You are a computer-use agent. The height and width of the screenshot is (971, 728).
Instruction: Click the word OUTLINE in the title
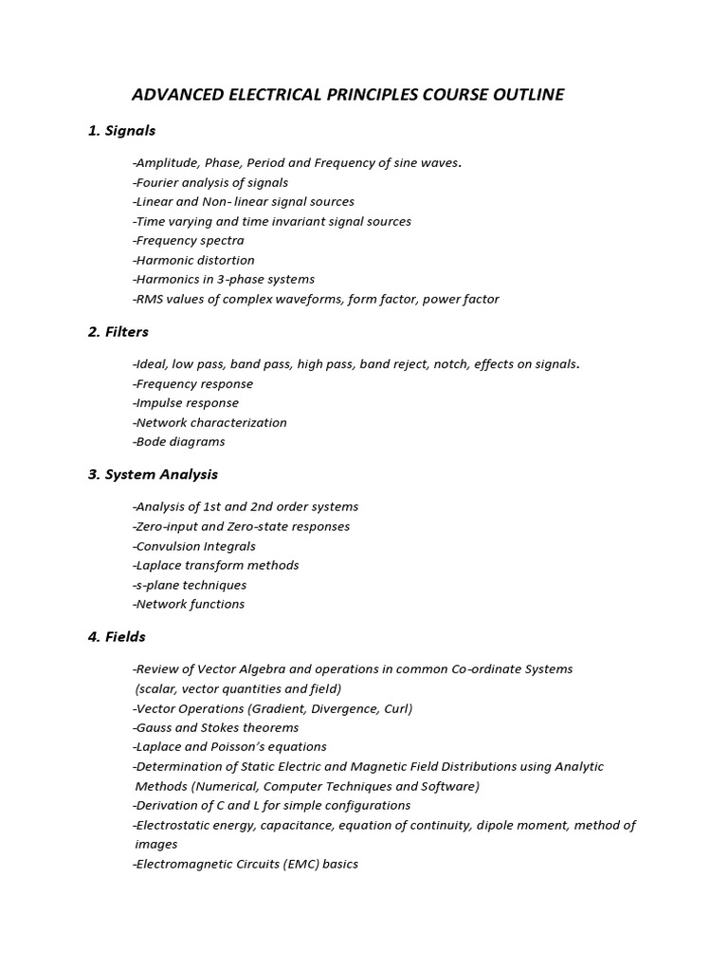coord(528,95)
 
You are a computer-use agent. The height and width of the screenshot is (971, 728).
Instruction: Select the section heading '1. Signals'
coord(121,131)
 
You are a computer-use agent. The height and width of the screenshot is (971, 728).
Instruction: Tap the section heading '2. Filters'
coord(118,332)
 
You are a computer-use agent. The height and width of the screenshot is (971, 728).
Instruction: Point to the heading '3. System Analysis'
coord(153,474)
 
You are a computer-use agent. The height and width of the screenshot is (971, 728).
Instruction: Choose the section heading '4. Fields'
coord(117,636)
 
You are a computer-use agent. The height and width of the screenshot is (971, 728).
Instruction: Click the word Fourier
coord(157,182)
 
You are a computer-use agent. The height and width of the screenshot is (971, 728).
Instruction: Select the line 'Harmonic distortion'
coord(193,260)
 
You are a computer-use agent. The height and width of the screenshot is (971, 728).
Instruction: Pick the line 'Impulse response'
coord(186,403)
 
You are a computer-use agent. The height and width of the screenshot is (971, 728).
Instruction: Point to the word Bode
coord(151,442)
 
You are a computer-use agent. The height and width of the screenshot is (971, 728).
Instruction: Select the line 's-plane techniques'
coord(190,585)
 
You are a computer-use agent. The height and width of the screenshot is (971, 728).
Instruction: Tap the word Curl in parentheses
coord(395,708)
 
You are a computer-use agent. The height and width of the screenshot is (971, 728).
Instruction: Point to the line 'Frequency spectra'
coord(189,241)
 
